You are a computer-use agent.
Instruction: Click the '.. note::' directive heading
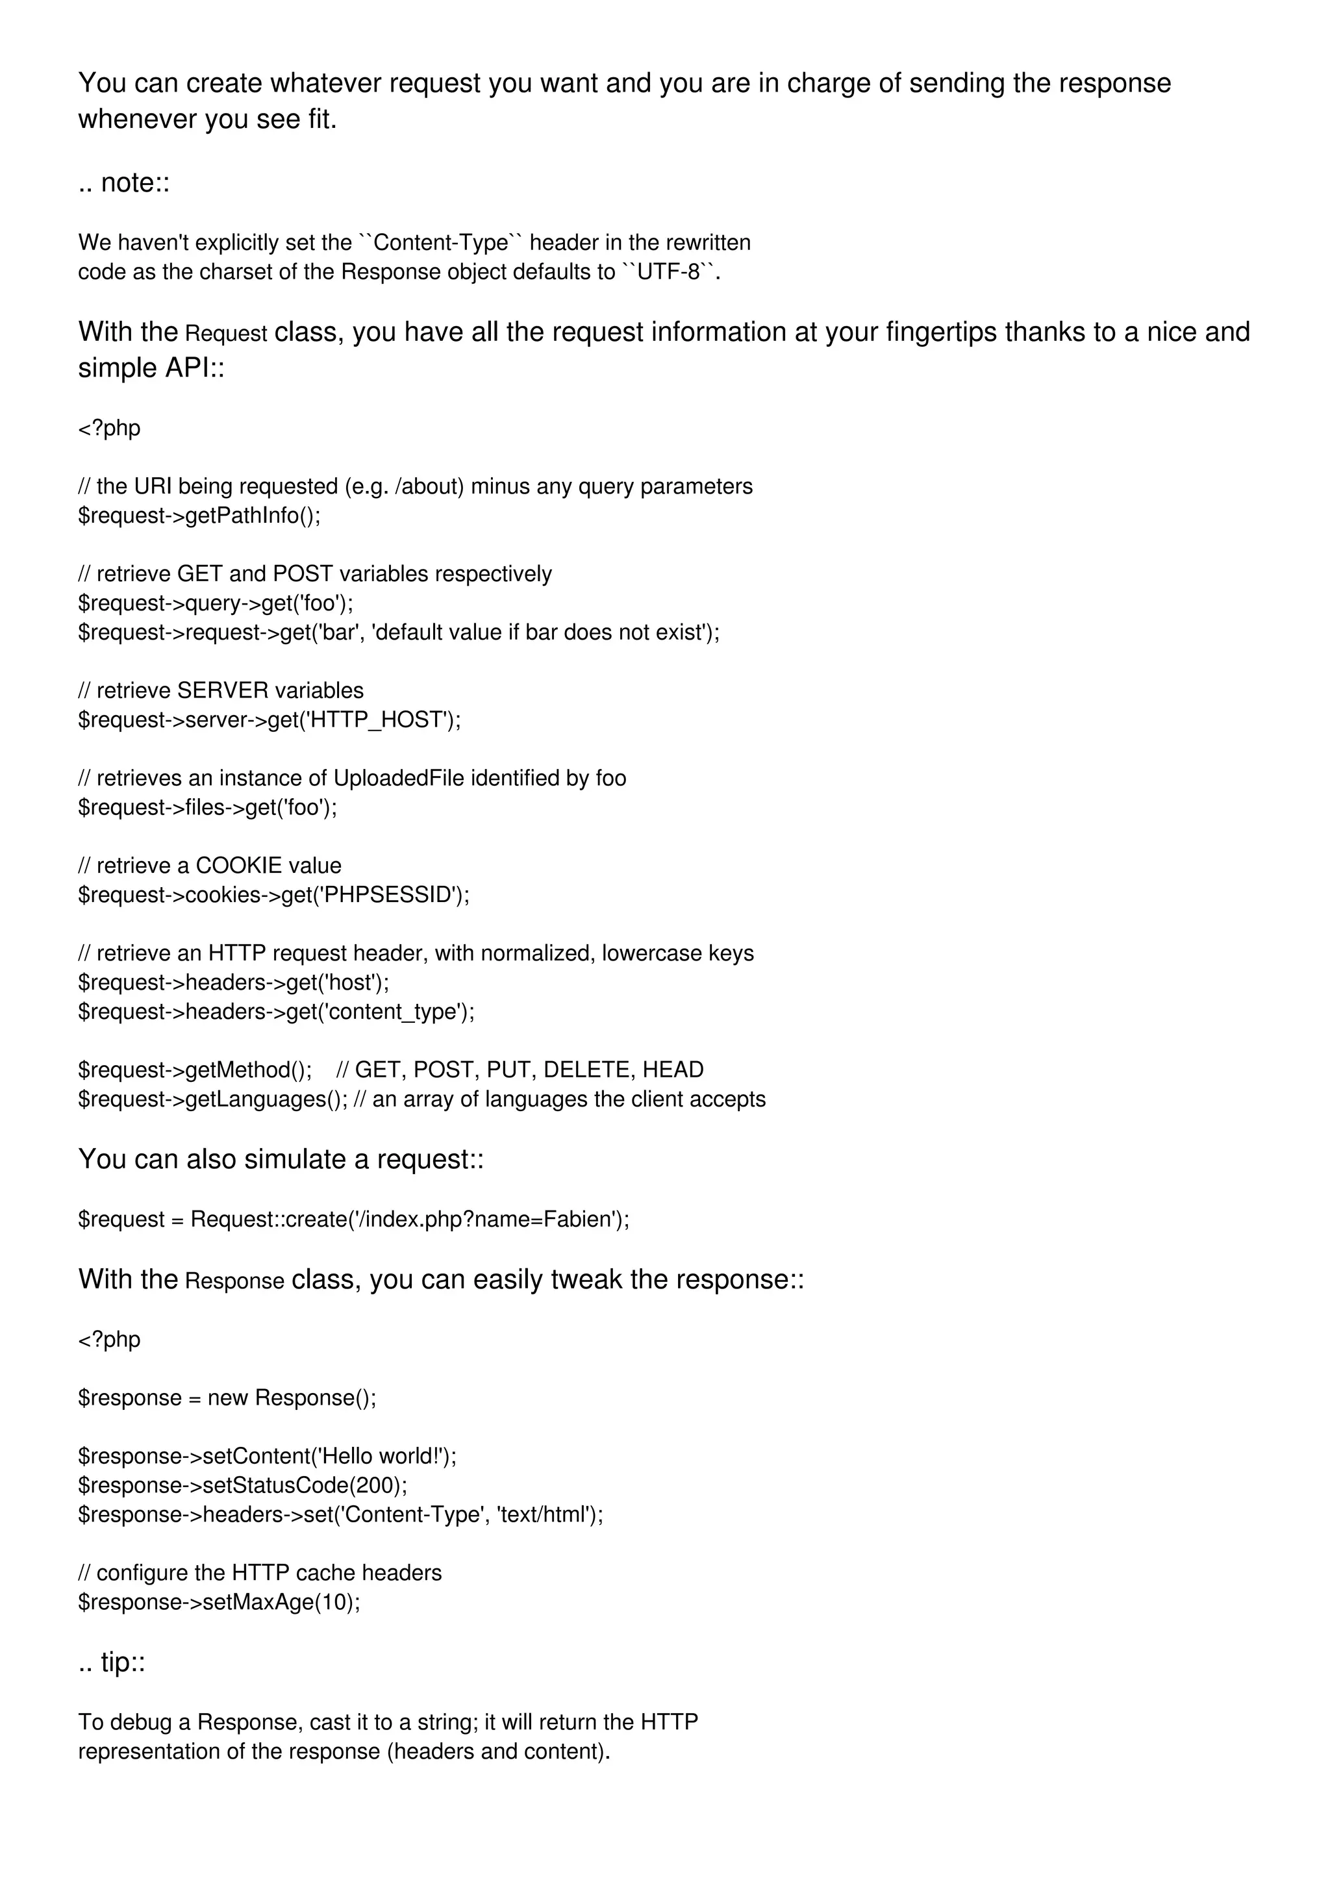pos(124,182)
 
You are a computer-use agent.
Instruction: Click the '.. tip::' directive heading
pos(112,1662)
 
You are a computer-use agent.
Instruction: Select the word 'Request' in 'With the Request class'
pos(226,334)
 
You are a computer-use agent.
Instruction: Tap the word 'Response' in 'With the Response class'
pos(234,1281)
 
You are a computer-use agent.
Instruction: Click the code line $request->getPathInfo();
pos(199,516)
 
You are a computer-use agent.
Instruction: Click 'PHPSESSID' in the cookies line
pos(388,895)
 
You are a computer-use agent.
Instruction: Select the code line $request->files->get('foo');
pos(207,807)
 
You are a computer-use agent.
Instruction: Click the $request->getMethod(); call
pos(195,1070)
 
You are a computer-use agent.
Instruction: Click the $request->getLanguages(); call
pos(213,1099)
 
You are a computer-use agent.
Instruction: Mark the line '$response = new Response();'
pos(227,1398)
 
